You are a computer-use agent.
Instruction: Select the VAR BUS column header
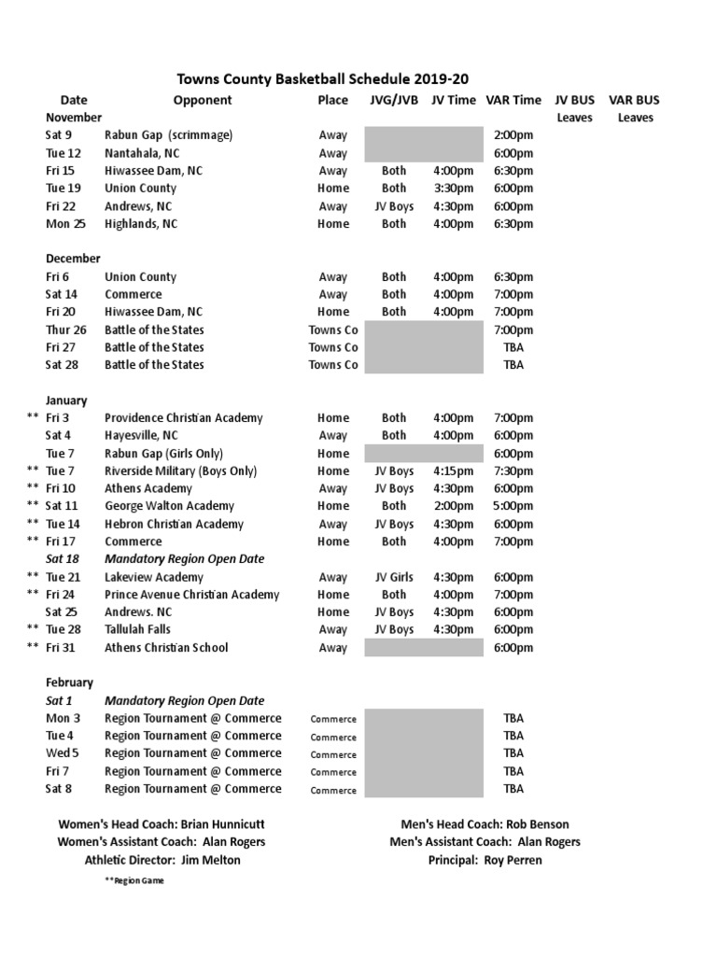(x=634, y=100)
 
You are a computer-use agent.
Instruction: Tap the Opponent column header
(x=203, y=100)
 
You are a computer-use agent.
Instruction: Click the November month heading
(x=74, y=118)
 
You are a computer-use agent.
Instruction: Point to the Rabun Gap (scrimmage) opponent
(x=168, y=135)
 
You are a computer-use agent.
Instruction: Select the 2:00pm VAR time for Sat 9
(x=513, y=135)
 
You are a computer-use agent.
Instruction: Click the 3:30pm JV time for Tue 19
(x=453, y=189)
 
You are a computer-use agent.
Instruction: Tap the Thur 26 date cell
(x=66, y=330)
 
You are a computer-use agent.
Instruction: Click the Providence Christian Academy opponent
(x=184, y=418)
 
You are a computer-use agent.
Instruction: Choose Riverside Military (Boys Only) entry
(x=181, y=471)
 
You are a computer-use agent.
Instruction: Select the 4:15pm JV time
(x=453, y=471)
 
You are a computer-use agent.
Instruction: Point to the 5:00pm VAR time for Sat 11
(x=513, y=507)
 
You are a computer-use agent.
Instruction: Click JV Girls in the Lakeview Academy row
(x=394, y=578)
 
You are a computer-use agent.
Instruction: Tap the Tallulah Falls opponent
(x=138, y=630)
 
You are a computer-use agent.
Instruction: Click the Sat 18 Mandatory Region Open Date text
(x=185, y=559)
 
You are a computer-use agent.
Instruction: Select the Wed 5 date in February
(x=63, y=753)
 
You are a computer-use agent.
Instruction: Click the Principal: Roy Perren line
(x=485, y=860)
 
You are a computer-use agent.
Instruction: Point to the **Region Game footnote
(x=134, y=881)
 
